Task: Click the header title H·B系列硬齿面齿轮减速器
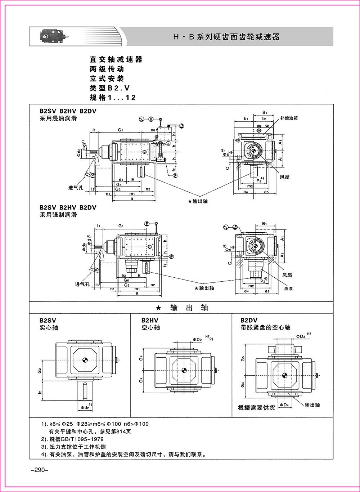pyautogui.click(x=226, y=37)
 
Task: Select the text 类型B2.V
pyautogui.click(x=109, y=88)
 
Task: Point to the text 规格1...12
pyautogui.click(x=113, y=98)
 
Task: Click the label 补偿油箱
pyautogui.click(x=289, y=118)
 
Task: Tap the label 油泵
pyautogui.click(x=288, y=289)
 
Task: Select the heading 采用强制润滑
pyautogui.click(x=58, y=215)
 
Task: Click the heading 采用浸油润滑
pyautogui.click(x=58, y=118)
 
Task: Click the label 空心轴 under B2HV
pyautogui.click(x=150, y=328)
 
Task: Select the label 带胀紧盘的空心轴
pyautogui.click(x=266, y=328)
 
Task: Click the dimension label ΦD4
pyautogui.click(x=284, y=405)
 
